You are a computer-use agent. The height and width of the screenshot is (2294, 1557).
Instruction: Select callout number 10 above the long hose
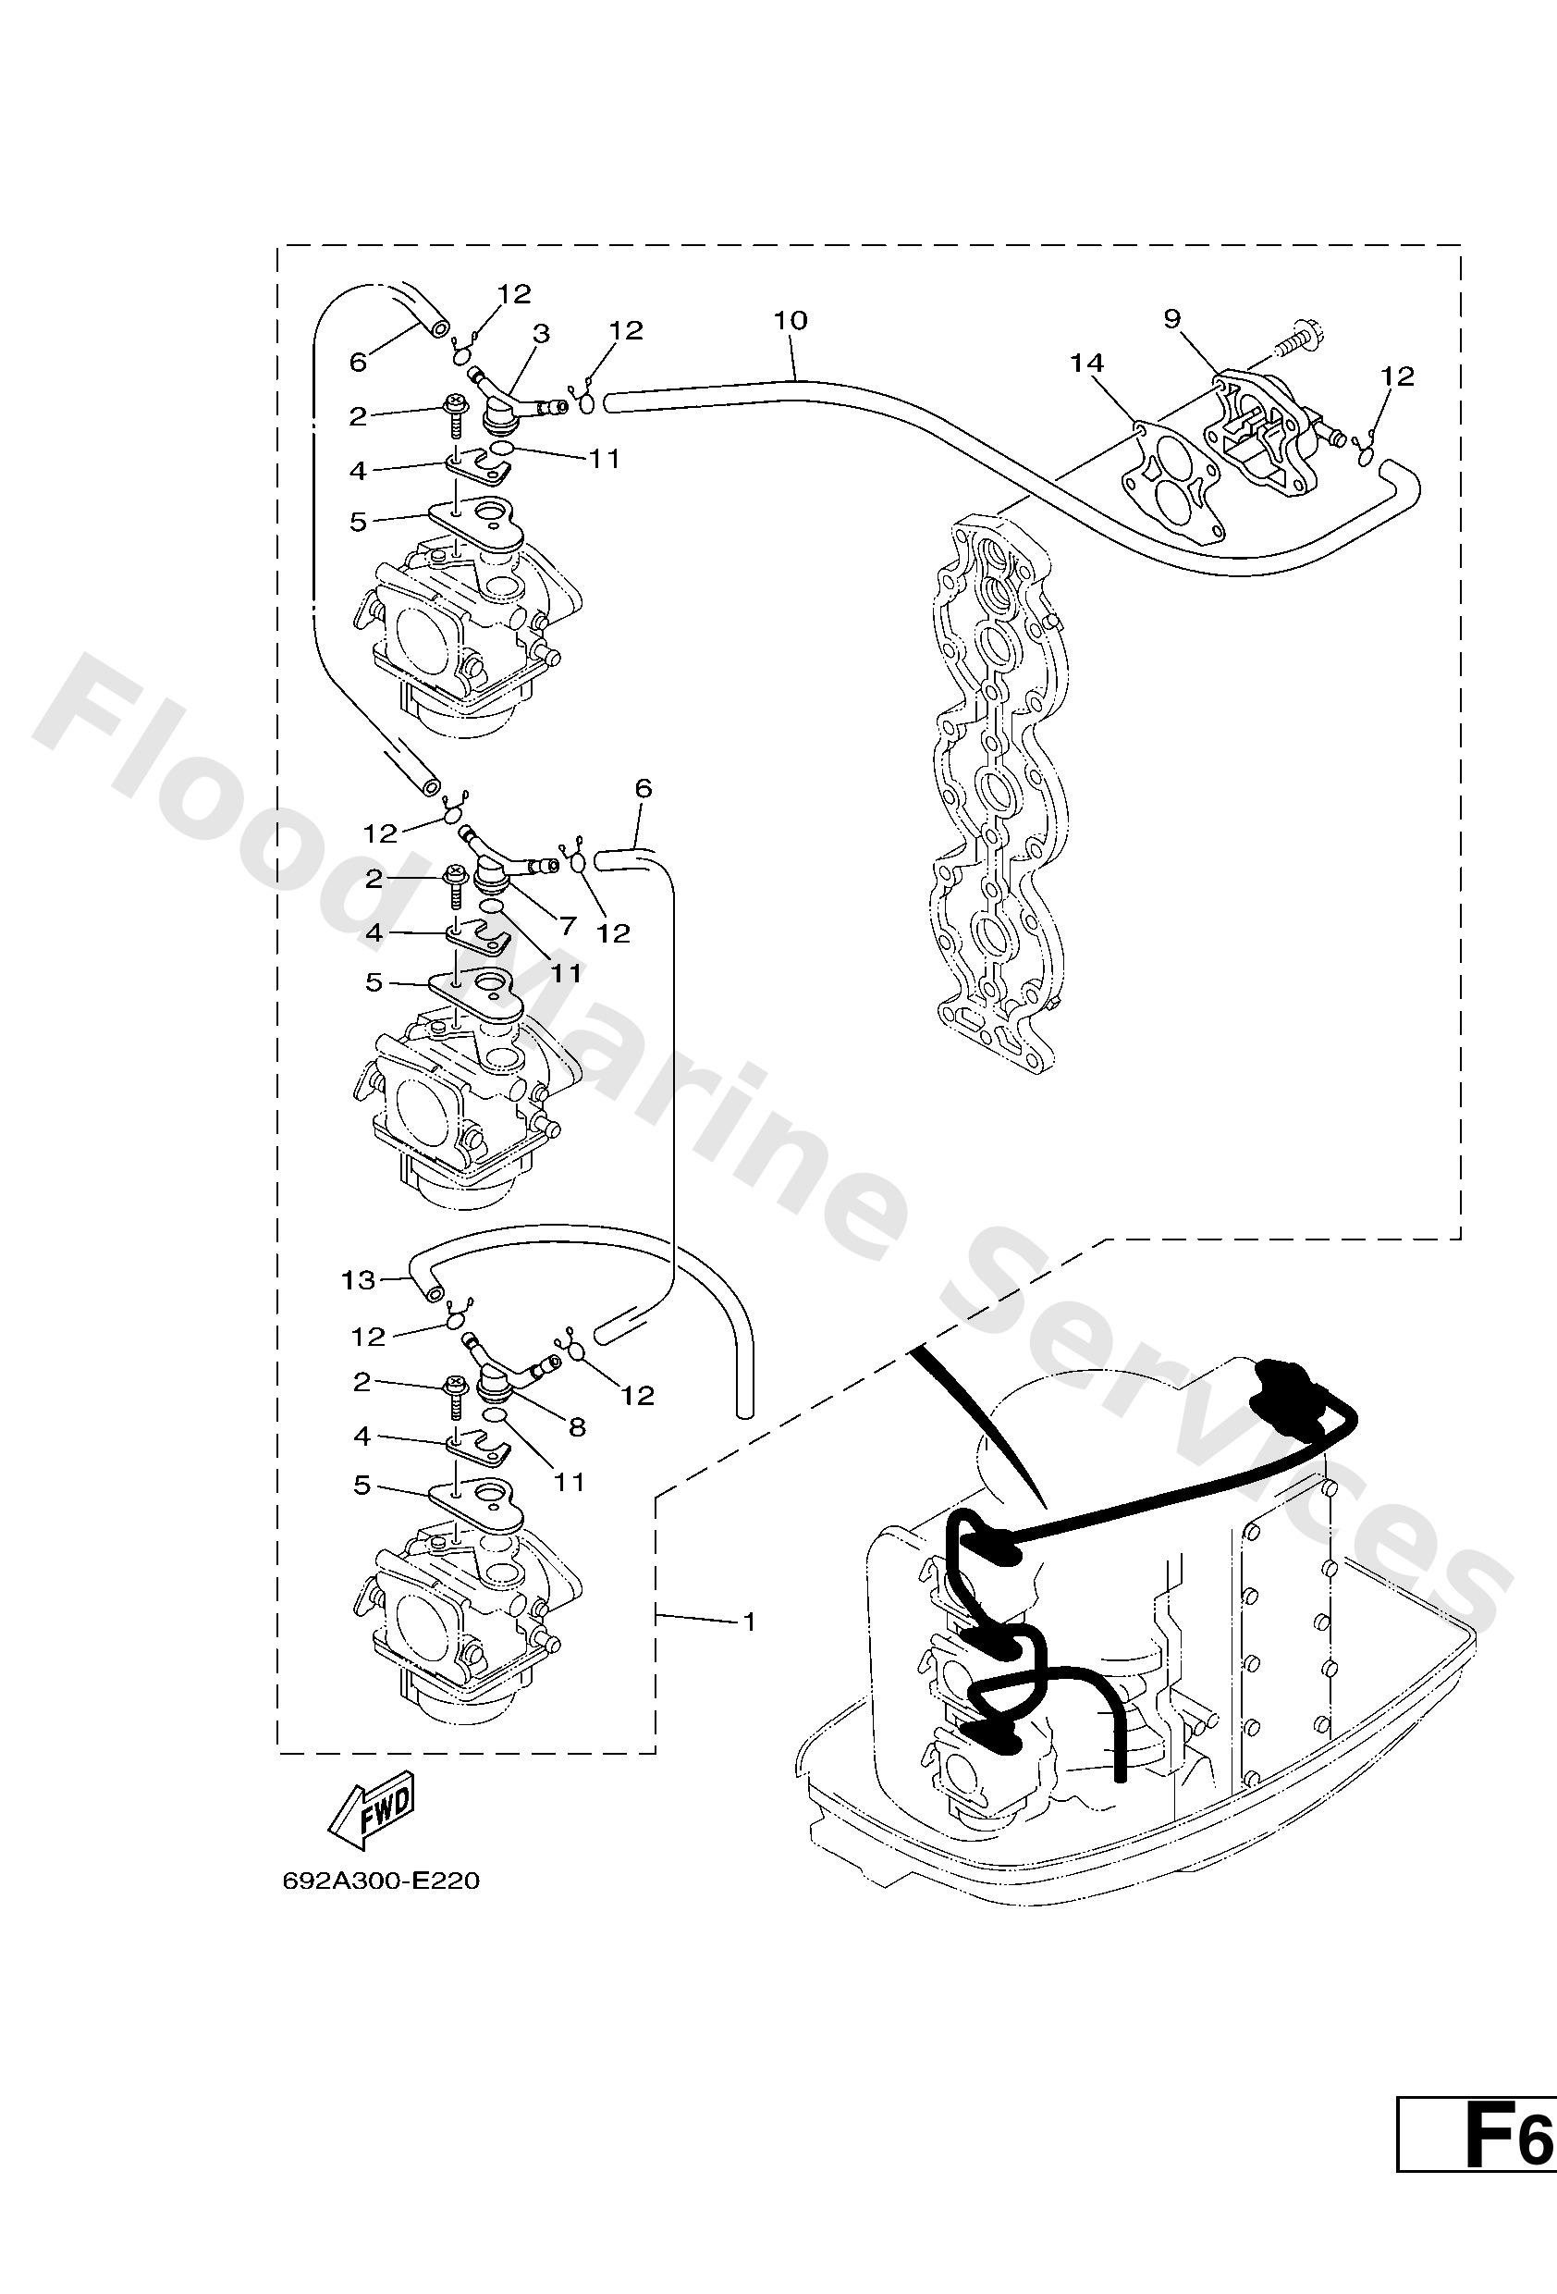pyautogui.click(x=791, y=320)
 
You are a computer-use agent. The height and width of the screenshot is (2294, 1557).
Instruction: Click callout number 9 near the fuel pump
pyautogui.click(x=1172, y=318)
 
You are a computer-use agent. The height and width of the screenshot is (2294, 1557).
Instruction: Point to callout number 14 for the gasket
pyautogui.click(x=1086, y=364)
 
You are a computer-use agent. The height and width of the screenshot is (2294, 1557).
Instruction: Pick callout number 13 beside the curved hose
pyautogui.click(x=358, y=1280)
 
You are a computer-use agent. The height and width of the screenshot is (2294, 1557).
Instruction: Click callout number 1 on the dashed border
pyautogui.click(x=749, y=1621)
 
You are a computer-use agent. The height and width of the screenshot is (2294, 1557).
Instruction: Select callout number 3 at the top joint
pyautogui.click(x=542, y=334)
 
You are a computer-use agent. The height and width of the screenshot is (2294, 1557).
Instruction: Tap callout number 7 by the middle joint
pyautogui.click(x=568, y=926)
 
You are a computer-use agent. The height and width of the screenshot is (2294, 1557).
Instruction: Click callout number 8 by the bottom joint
pyautogui.click(x=577, y=1425)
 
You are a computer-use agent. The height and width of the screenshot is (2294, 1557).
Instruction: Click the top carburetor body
pyautogui.click(x=464, y=632)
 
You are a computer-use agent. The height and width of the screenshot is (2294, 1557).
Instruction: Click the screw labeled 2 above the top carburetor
pyautogui.click(x=456, y=415)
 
